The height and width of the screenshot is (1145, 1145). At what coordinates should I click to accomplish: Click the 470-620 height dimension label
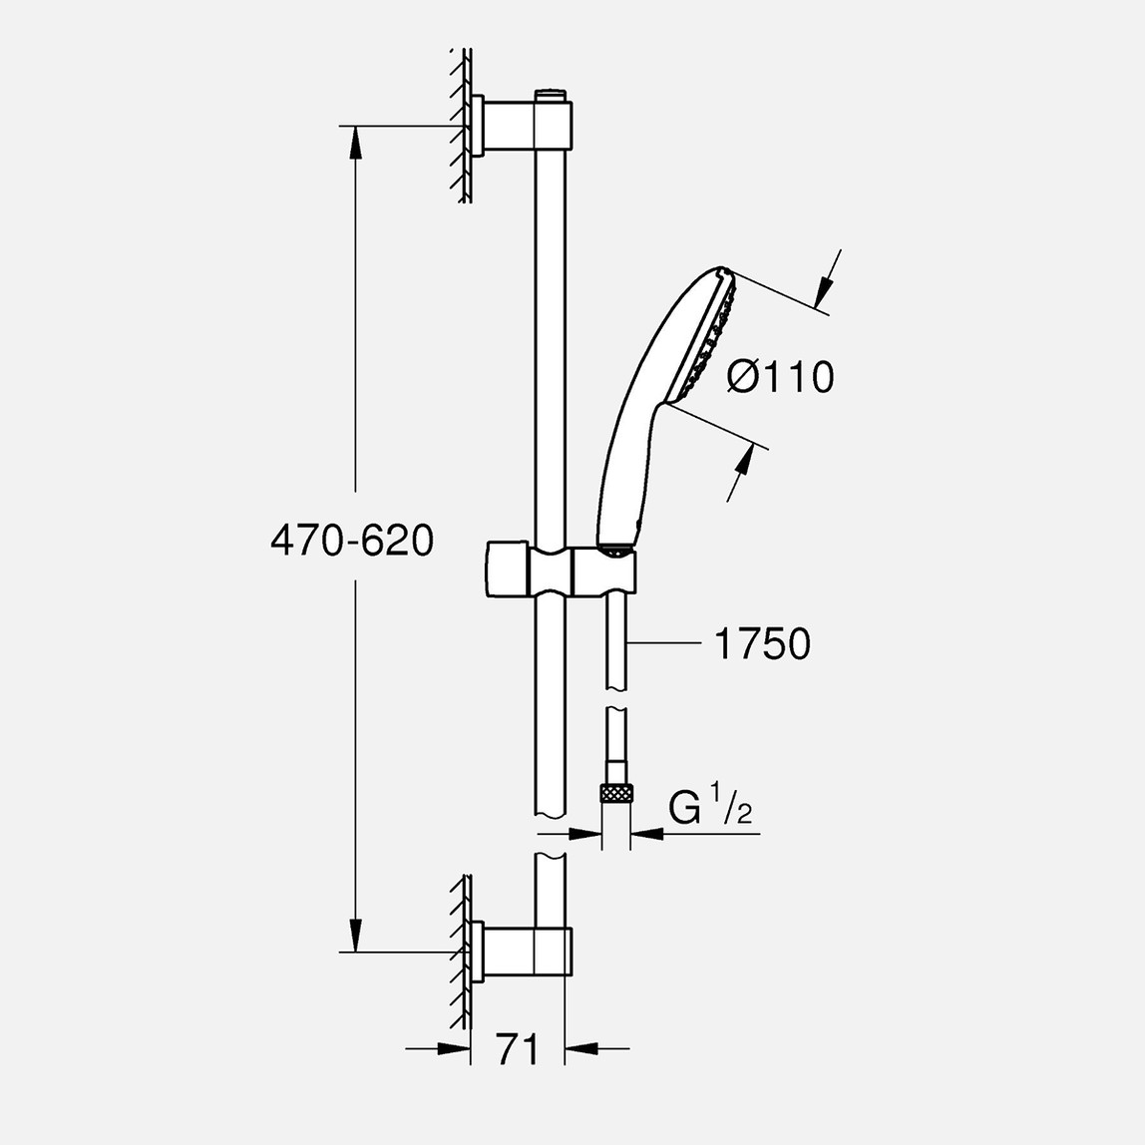click(x=351, y=541)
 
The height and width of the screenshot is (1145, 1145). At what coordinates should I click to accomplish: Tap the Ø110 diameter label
click(x=780, y=377)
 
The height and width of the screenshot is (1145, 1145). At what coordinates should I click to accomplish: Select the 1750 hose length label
click(x=762, y=644)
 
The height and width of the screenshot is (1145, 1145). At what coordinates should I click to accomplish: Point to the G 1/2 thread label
click(x=709, y=808)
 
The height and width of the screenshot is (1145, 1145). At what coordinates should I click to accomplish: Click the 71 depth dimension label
click(x=518, y=1048)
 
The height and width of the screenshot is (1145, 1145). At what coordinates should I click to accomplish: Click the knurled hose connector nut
click(x=616, y=795)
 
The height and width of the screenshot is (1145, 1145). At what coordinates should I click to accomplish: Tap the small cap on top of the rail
click(x=551, y=95)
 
